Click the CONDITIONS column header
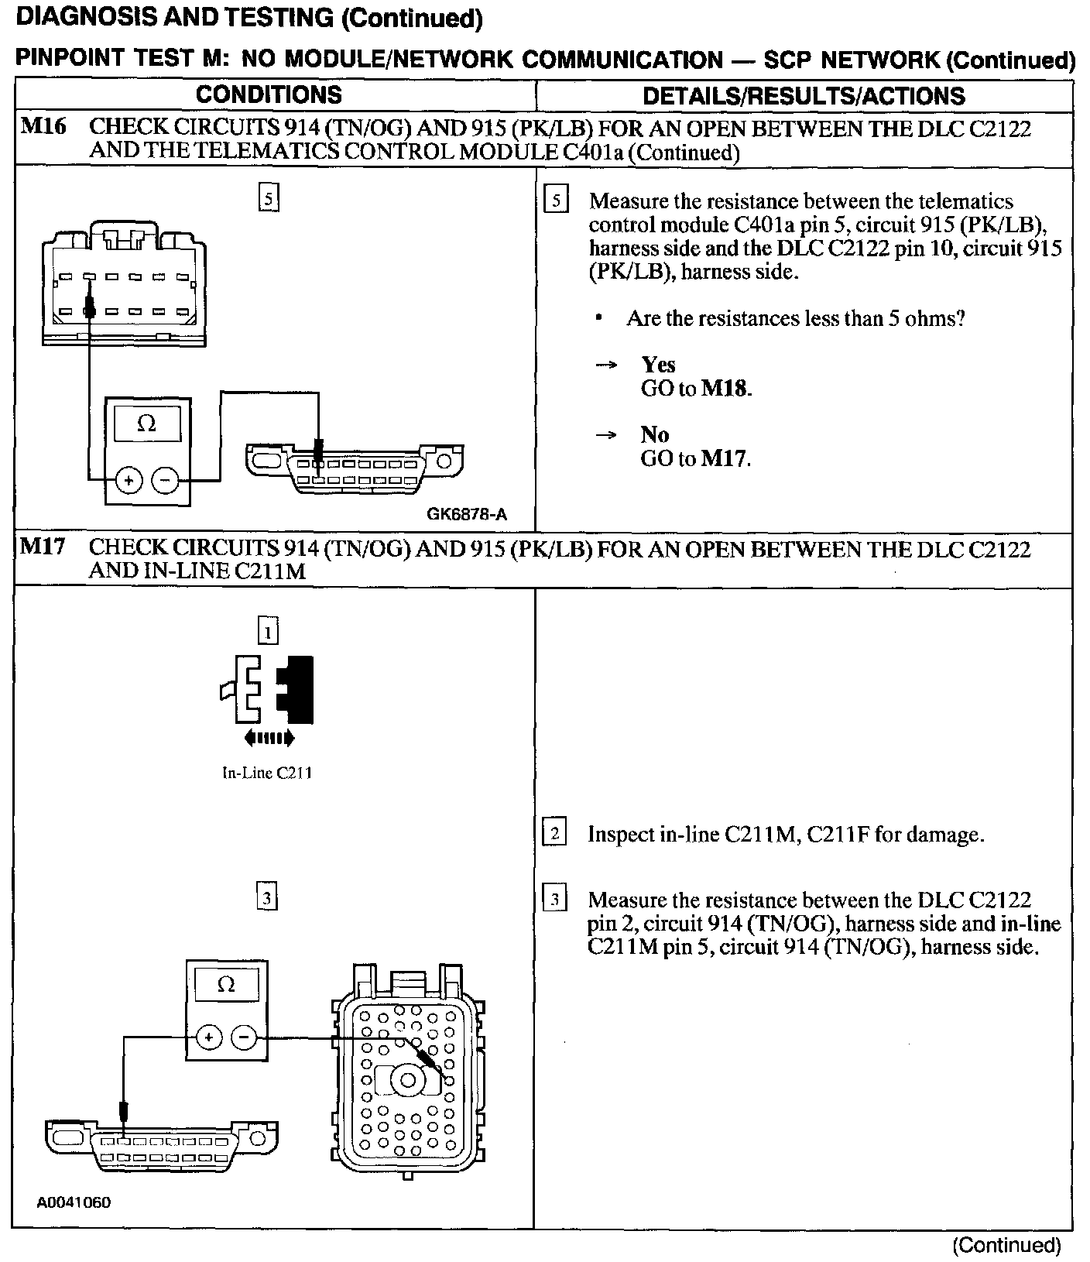[x=269, y=94]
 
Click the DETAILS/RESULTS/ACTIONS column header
[x=804, y=96]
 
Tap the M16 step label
[x=43, y=126]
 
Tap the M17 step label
[x=43, y=547]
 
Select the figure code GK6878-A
[x=466, y=514]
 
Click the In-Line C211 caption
[x=267, y=773]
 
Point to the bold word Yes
[x=658, y=365]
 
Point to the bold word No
[x=654, y=434]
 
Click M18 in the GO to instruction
[x=725, y=389]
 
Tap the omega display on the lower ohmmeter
[x=226, y=985]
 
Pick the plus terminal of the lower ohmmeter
[x=209, y=1037]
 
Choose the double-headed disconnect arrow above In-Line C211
[x=269, y=739]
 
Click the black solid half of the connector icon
[x=298, y=689]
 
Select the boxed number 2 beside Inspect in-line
[x=555, y=834]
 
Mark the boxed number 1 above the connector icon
[x=268, y=633]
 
